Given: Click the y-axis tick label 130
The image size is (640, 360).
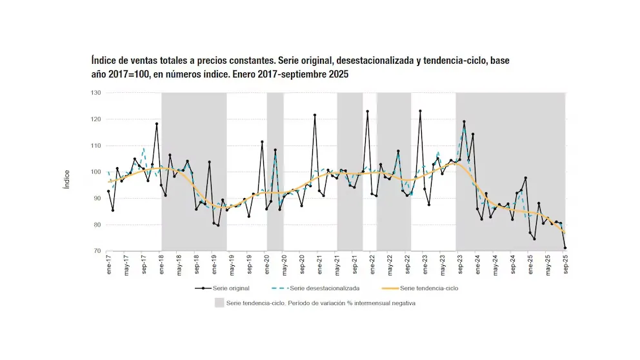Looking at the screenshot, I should [x=96, y=93].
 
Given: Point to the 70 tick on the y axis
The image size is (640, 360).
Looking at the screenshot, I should [x=97, y=252].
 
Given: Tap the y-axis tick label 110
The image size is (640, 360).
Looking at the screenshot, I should [x=96, y=146].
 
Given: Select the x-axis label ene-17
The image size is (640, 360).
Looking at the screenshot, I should [x=108, y=265].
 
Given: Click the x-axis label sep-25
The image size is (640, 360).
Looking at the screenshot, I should [x=566, y=265].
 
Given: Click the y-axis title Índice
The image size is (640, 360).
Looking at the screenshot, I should [x=66, y=178].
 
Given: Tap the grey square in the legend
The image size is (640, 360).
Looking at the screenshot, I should [x=219, y=303].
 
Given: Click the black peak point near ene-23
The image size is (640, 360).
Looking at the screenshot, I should [x=420, y=111].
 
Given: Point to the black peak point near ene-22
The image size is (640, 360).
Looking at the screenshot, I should [x=368, y=112].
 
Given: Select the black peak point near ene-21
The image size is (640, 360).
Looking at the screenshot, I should [x=315, y=115].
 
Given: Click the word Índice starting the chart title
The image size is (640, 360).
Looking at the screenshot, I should [x=104, y=61].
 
